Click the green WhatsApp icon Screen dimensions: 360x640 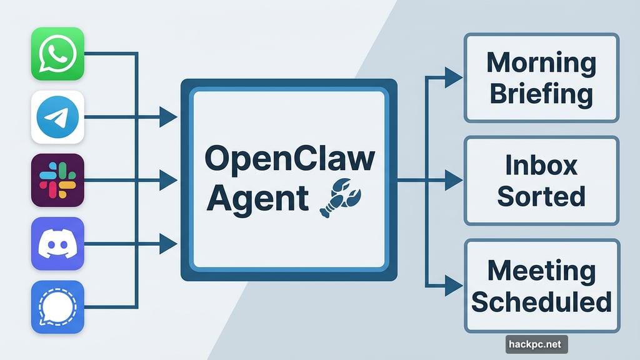click(x=57, y=54)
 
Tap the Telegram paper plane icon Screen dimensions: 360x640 click(x=57, y=117)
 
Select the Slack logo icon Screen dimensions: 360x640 click(x=57, y=180)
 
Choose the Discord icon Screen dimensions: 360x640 click(x=57, y=243)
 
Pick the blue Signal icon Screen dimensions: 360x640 click(x=57, y=306)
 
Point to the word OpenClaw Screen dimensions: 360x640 click(x=289, y=160)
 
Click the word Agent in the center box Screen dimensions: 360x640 click(x=257, y=199)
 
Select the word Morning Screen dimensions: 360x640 click(x=541, y=62)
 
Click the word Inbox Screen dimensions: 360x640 click(x=541, y=166)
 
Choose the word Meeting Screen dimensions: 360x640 click(x=541, y=271)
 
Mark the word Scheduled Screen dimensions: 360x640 click(x=541, y=302)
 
